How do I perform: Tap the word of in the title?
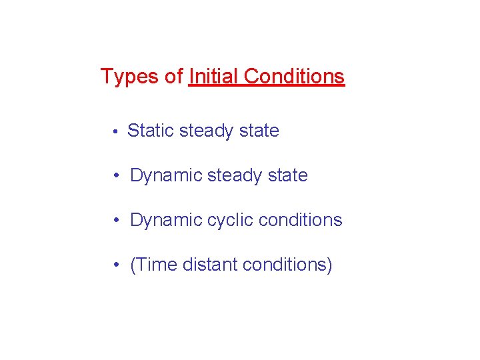pos(174,77)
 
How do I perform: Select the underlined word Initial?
pos(213,77)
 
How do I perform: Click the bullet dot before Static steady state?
pos(115,132)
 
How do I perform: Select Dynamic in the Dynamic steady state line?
pos(166,176)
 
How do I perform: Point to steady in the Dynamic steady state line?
pos(233,176)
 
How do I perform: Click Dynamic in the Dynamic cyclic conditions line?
pos(166,221)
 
